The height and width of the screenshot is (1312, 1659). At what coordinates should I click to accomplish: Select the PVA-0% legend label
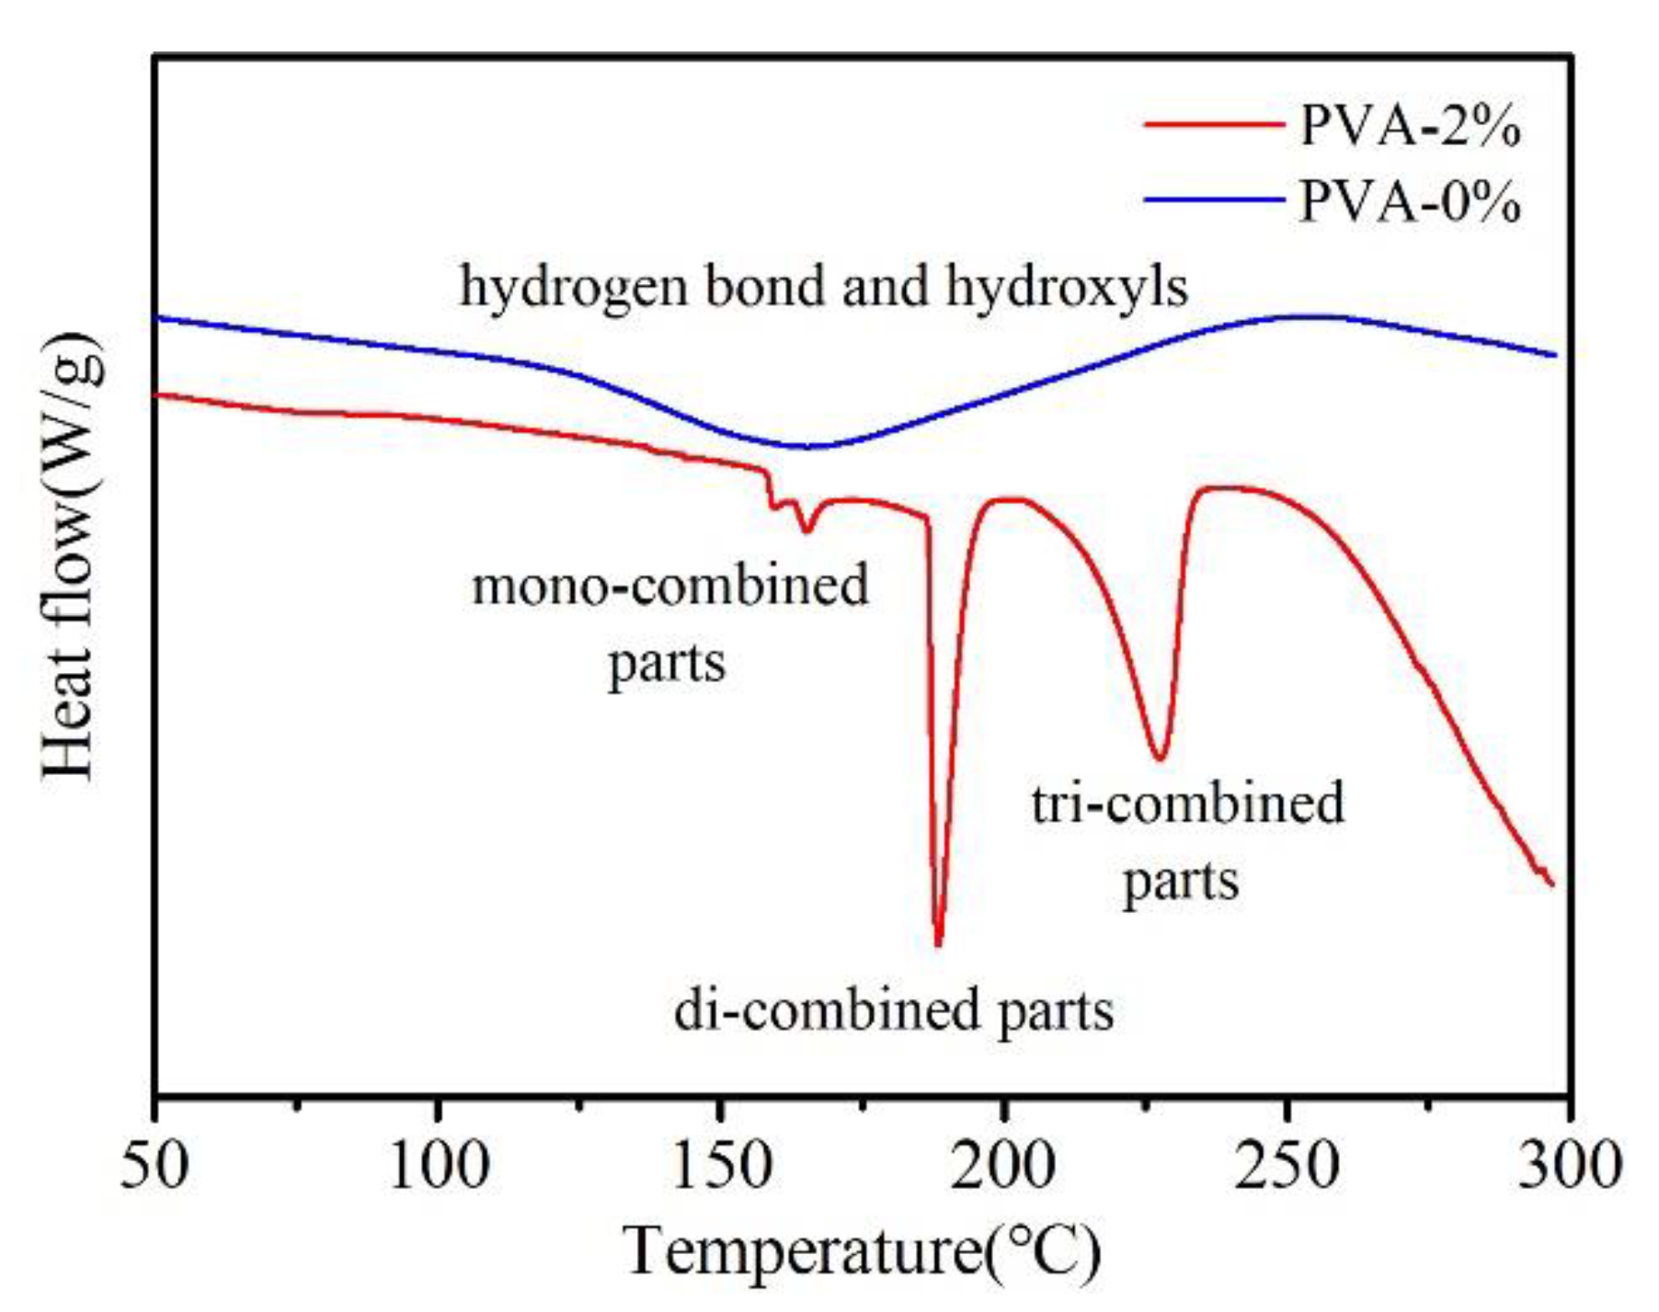click(x=1409, y=200)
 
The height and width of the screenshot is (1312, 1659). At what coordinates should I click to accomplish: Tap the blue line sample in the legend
click(x=1213, y=200)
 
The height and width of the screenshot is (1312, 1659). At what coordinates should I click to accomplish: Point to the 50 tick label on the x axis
click(x=155, y=1166)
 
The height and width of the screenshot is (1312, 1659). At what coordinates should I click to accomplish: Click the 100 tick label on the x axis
click(x=439, y=1166)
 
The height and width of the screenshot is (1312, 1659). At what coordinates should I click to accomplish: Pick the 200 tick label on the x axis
click(x=1002, y=1166)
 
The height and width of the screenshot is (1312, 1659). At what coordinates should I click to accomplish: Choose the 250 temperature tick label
click(x=1287, y=1166)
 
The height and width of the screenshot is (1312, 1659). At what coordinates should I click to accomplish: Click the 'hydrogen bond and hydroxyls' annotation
click(x=823, y=287)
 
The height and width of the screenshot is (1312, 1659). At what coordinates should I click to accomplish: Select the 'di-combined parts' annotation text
click(x=894, y=1011)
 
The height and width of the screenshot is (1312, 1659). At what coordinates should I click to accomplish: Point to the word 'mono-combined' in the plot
click(x=669, y=586)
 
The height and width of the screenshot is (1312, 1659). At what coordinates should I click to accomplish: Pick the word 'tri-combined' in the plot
click(x=1187, y=804)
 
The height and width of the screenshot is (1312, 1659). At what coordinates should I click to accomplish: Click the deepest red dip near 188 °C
click(x=938, y=943)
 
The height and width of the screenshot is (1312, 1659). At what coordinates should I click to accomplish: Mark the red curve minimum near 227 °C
click(x=1160, y=759)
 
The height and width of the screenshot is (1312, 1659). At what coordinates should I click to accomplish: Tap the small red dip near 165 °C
click(x=807, y=531)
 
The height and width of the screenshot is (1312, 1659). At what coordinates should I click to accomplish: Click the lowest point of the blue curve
click(x=807, y=447)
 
